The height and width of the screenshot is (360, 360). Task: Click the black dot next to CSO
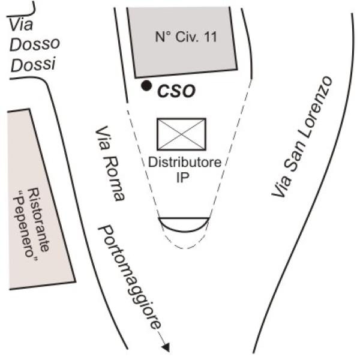click(146, 86)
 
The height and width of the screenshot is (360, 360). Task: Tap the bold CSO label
click(176, 92)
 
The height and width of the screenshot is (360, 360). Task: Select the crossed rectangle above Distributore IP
click(181, 134)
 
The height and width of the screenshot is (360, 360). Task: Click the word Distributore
click(185, 162)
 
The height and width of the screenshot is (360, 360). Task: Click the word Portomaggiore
click(130, 277)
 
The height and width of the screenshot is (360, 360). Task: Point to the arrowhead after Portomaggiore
click(166, 347)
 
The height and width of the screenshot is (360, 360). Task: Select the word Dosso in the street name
click(36, 44)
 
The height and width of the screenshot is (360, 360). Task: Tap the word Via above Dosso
click(21, 24)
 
